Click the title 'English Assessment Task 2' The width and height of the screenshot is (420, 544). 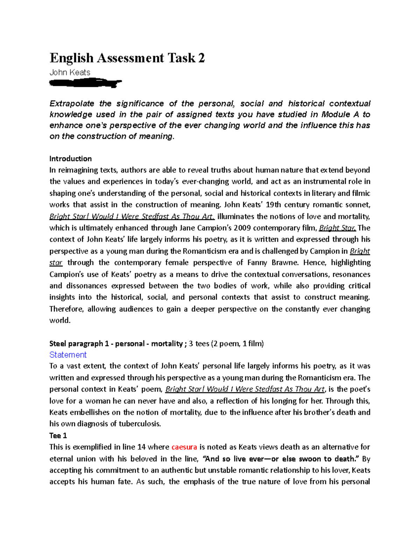pos(127,58)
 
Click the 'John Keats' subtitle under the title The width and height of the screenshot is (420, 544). pos(70,73)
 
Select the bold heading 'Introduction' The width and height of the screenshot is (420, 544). pos(70,159)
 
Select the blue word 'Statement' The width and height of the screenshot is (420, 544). pos(68,355)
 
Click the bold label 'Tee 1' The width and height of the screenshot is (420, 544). pos(58,435)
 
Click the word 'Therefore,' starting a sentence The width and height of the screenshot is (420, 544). pos(66,309)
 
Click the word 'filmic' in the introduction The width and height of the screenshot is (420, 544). pos(361,193)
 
